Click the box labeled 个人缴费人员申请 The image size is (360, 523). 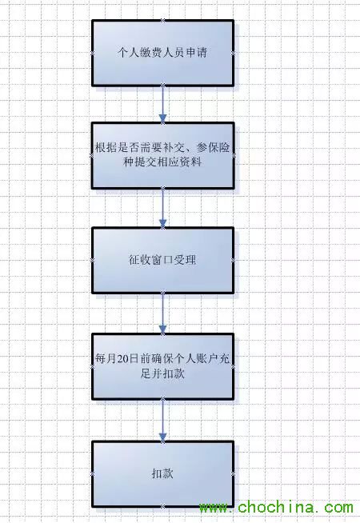(163, 53)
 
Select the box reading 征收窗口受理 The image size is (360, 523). (163, 260)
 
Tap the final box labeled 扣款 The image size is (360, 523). (163, 474)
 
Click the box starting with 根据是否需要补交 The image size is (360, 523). (163, 155)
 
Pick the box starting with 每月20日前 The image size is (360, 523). (163, 366)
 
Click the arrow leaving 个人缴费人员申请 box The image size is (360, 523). (163, 105)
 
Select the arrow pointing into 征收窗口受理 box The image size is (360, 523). (163, 208)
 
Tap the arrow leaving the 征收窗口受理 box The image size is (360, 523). (163, 313)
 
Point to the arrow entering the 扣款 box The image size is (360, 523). (163, 421)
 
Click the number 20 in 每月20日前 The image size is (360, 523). (122, 359)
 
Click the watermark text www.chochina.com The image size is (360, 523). (276, 508)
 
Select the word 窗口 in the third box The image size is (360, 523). (163, 260)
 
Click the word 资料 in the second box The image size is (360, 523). (191, 162)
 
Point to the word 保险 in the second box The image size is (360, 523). (219, 147)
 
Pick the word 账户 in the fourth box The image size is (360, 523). (207, 359)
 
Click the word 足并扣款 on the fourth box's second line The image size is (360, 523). (162, 373)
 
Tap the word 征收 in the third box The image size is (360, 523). (140, 260)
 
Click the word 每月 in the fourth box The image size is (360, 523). (106, 359)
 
